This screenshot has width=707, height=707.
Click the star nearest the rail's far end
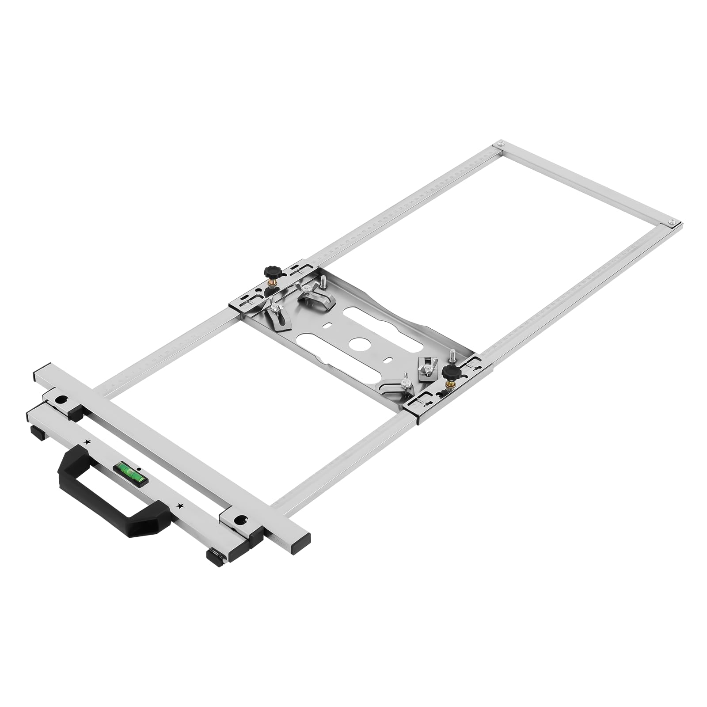click(87, 441)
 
